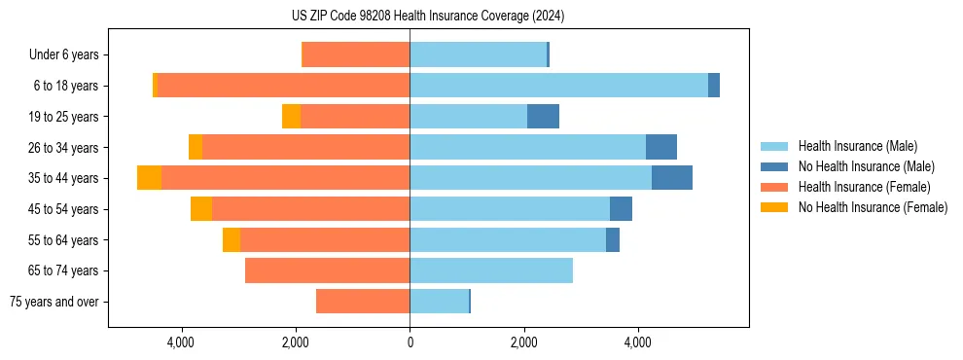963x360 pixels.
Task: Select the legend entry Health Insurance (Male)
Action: point(857,146)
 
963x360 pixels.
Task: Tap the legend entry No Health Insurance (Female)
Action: point(873,207)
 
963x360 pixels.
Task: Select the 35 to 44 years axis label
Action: point(64,178)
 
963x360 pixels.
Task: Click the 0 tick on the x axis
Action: point(410,342)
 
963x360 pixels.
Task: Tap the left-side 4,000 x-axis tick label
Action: point(182,342)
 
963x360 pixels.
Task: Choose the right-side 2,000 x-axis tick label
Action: point(523,342)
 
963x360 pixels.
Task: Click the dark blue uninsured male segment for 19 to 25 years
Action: point(543,117)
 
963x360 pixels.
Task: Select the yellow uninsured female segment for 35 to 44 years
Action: point(149,178)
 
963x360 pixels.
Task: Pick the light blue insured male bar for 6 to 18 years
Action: point(558,86)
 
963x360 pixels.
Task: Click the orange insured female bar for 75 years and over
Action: point(363,302)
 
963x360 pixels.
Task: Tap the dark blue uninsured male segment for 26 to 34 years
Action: point(660,147)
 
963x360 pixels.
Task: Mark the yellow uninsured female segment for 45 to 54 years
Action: point(201,209)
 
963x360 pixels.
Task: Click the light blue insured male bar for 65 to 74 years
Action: point(491,270)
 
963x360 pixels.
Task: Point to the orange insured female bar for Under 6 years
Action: point(356,55)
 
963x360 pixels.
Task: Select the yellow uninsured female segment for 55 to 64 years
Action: point(232,240)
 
